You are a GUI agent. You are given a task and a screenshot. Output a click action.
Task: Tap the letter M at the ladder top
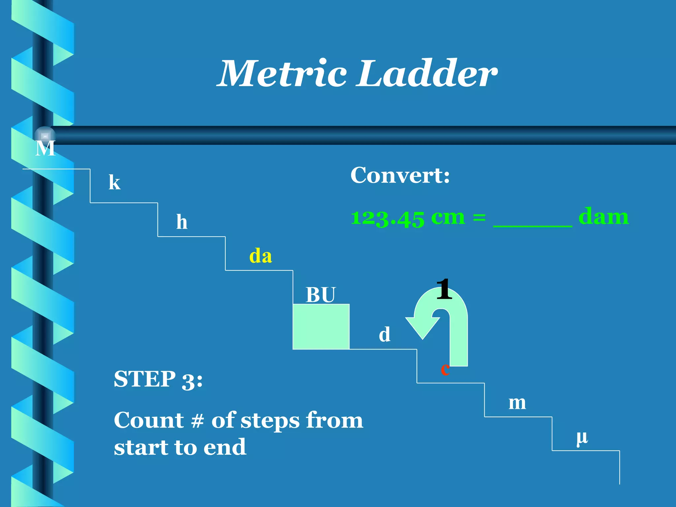point(45,149)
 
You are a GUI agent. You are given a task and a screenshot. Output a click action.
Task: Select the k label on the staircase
point(115,182)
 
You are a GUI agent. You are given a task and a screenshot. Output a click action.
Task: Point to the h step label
point(182,222)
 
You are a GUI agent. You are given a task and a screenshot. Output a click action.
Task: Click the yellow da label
point(260,256)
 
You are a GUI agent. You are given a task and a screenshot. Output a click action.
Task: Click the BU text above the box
point(320,295)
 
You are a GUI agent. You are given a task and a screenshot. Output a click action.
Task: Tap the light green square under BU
point(321,326)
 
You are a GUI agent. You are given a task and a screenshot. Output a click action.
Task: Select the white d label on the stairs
point(385,334)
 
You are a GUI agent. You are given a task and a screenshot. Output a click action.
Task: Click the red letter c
point(445,369)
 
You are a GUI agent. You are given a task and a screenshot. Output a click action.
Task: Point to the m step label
point(517,403)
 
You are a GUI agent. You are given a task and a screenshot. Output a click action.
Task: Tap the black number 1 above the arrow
point(444,289)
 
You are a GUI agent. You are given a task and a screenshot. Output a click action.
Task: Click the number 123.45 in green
point(388,218)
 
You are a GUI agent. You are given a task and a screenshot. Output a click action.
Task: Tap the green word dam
point(603,217)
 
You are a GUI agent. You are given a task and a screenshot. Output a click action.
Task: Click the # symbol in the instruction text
point(197,421)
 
